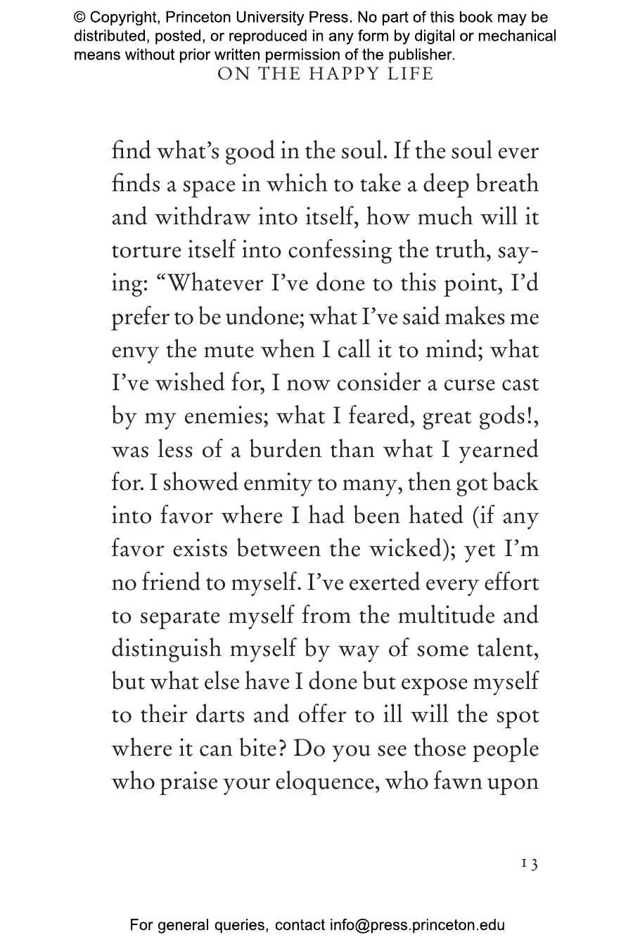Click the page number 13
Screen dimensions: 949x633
tap(530, 864)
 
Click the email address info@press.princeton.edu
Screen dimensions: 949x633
tap(417, 926)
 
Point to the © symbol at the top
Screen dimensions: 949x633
tap(79, 18)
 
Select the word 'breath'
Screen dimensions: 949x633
tap(507, 184)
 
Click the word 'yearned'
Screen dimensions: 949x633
tap(499, 450)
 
